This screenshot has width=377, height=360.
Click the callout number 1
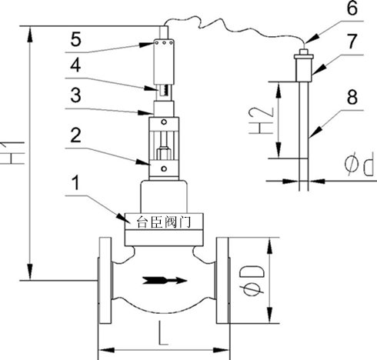pos(75,184)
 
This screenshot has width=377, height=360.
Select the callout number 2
pos(76,135)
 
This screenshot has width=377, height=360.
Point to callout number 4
pos(75,65)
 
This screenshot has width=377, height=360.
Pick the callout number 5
pos(76,39)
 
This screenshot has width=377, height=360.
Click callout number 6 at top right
pos(352,8)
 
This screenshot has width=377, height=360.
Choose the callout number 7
pos(352,42)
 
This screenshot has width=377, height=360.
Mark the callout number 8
pos(352,98)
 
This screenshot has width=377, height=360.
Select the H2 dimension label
pos(261,120)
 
